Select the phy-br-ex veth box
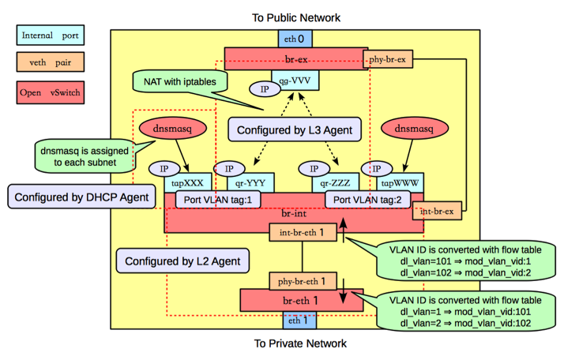coord(389,58)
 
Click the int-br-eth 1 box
coord(303,233)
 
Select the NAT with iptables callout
coord(179,81)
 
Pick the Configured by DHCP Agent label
coord(80,197)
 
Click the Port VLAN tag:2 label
coord(368,201)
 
